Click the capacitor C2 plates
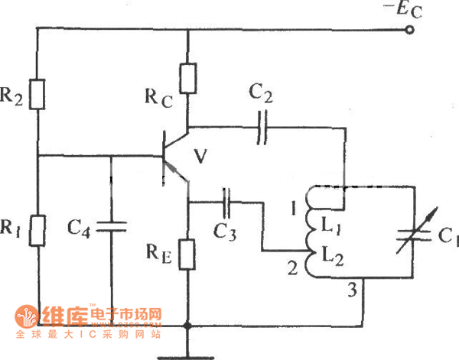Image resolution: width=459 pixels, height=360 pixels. click(x=263, y=128)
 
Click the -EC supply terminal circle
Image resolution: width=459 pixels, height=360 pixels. click(x=410, y=31)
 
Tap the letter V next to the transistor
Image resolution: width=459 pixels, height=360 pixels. click(x=200, y=156)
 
